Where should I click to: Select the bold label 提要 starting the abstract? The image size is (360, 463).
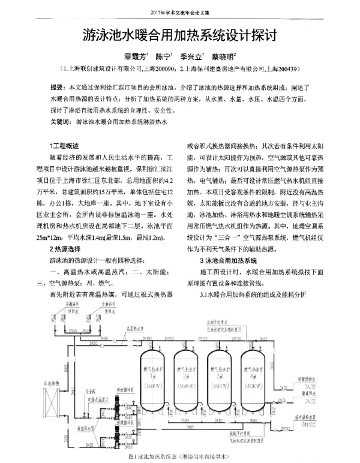[58, 88]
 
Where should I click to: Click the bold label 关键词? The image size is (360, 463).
[61, 122]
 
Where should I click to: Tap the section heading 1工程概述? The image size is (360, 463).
[64, 146]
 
